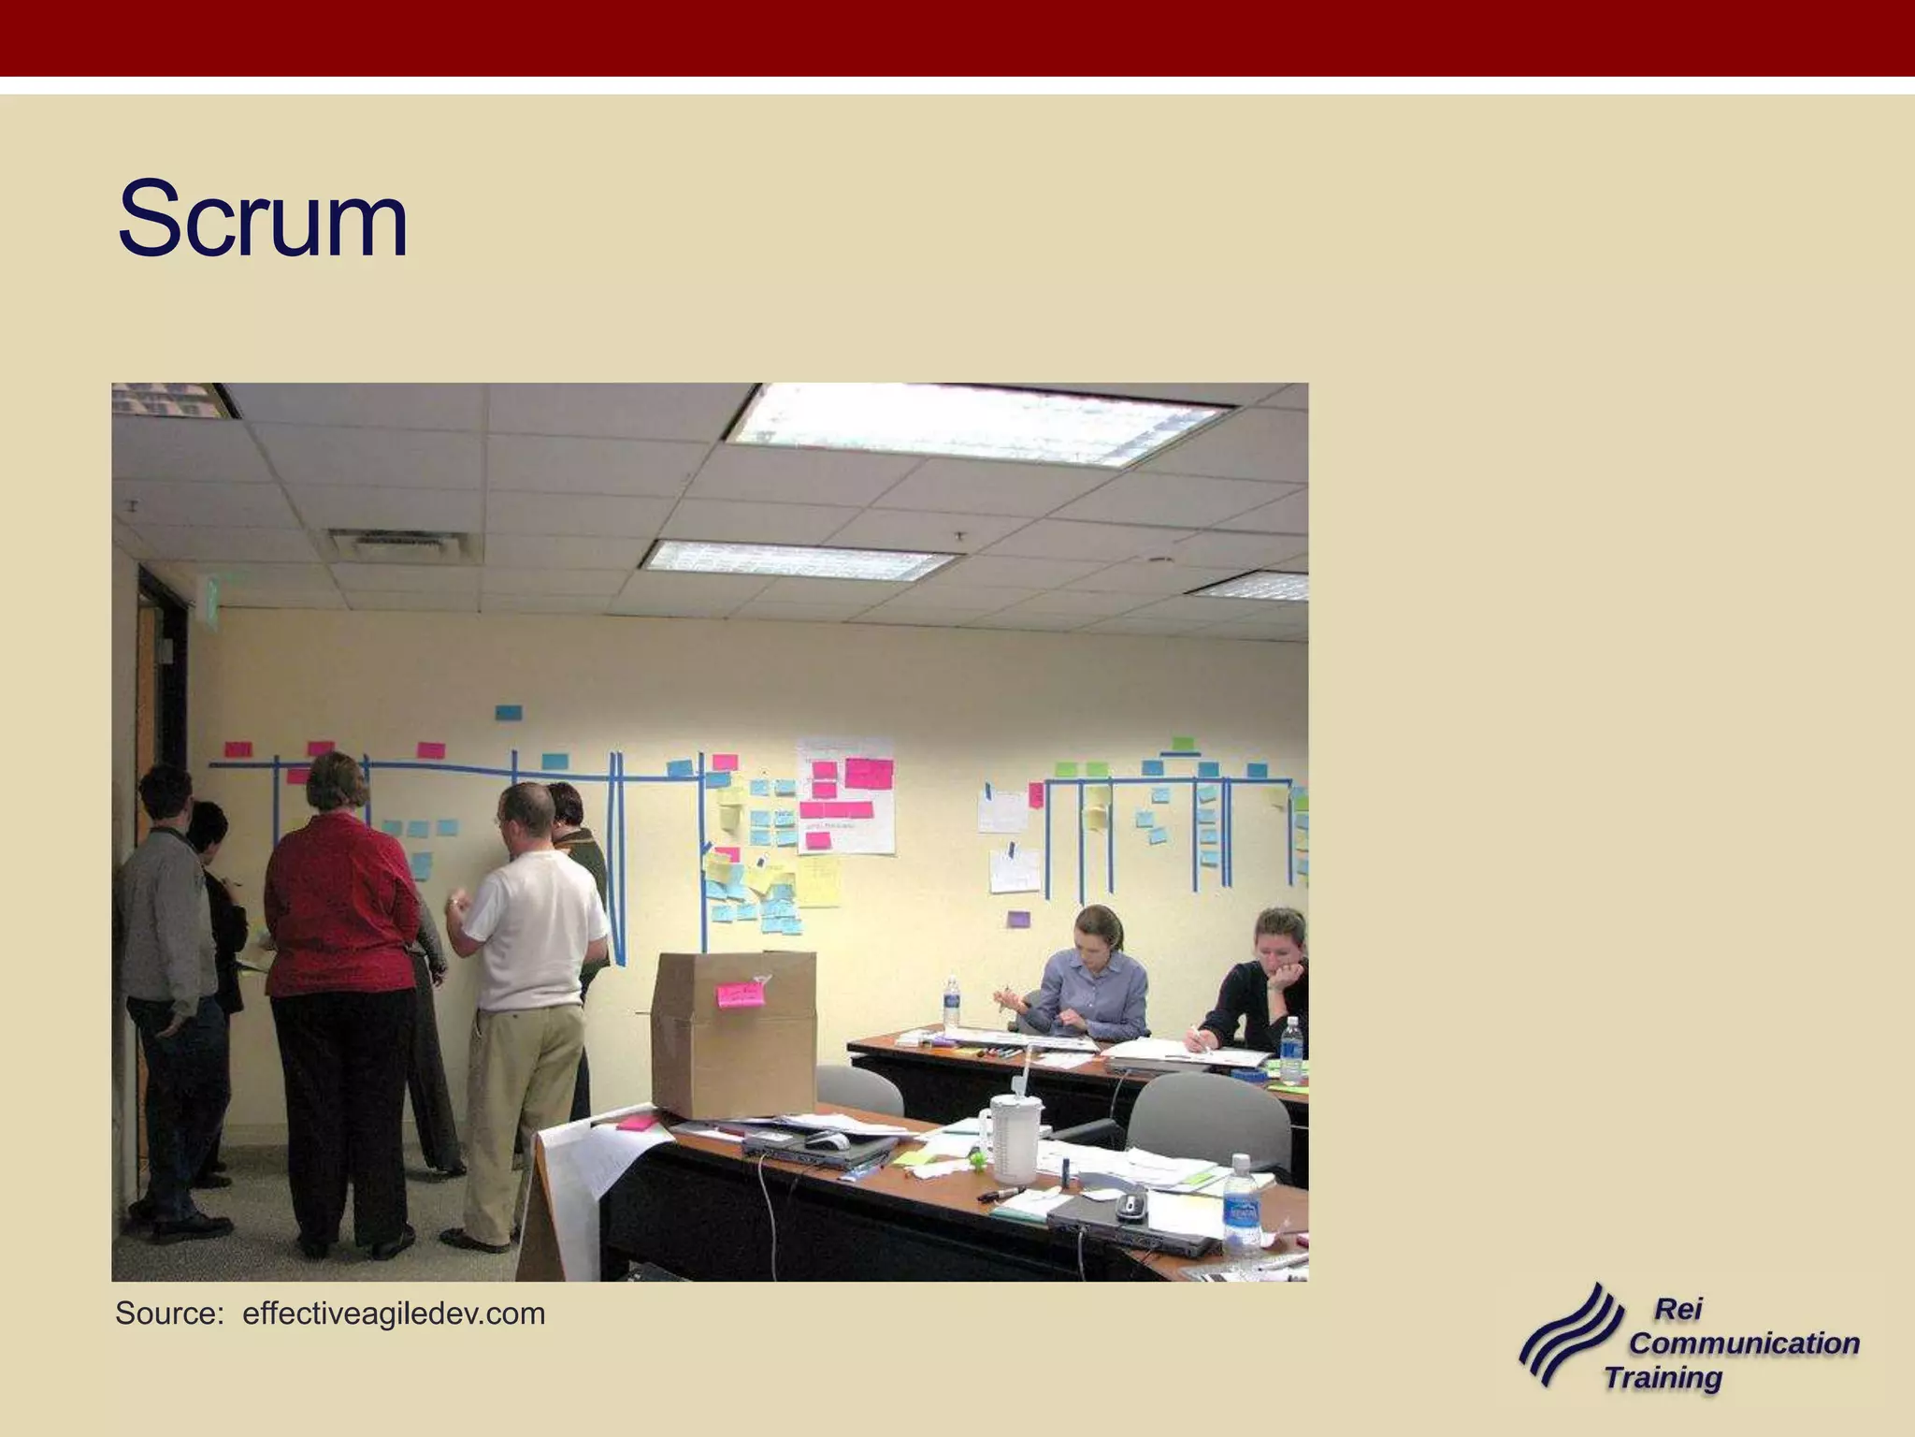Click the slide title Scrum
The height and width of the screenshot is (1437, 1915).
coord(263,221)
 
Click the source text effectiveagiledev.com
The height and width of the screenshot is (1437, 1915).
coord(393,1314)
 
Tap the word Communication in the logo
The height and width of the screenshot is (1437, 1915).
coord(1744,1343)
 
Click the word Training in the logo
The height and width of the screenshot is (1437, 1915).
coord(1663,1377)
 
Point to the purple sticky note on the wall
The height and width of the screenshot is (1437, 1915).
coord(1018,919)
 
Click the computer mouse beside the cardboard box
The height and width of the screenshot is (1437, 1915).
coord(827,1140)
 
